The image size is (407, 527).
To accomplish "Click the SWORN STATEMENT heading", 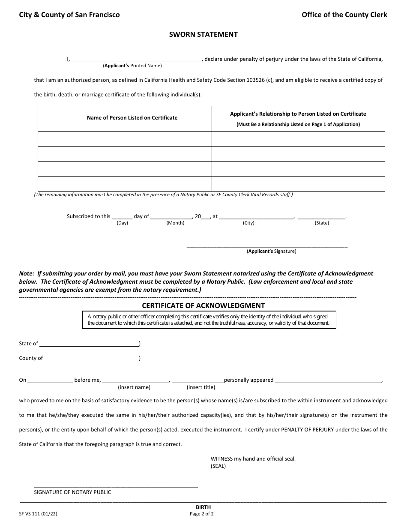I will pos(203,34).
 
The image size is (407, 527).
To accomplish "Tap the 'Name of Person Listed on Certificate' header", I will pos(132,117).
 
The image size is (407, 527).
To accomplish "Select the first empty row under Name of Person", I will pos(125,139).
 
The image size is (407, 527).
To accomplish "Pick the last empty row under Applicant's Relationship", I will pos(298,183).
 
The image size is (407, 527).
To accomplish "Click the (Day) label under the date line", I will pos(122,223).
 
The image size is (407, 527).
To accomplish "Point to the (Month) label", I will pos(175,223).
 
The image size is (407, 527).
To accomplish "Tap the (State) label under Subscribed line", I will pos(322,223).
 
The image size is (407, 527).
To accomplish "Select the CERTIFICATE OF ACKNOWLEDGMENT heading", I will pos(203,305).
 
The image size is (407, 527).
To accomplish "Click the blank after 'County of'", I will pos(91,358).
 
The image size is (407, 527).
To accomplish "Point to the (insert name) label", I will pos(134,387).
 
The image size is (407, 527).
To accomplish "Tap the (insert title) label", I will pos(201,387).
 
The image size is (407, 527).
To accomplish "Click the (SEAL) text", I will pos(218,466).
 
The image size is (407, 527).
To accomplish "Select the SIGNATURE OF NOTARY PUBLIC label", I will pos(72,492).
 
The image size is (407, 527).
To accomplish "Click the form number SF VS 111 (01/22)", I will pos(38,514).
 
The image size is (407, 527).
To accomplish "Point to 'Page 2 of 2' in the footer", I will pos(202,514).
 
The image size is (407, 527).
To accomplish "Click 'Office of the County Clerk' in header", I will pos(344,15).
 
